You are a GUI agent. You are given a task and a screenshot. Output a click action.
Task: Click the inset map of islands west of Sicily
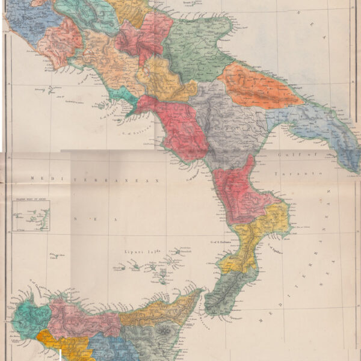coord(31,216)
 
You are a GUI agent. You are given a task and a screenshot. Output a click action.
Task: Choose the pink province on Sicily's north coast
coord(81,316)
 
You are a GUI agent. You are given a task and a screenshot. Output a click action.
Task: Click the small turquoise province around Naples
coord(123,96)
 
